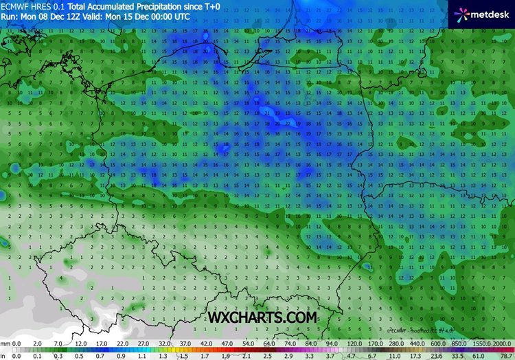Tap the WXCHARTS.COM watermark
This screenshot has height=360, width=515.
click(264, 317)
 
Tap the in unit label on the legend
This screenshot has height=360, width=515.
click(3, 355)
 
